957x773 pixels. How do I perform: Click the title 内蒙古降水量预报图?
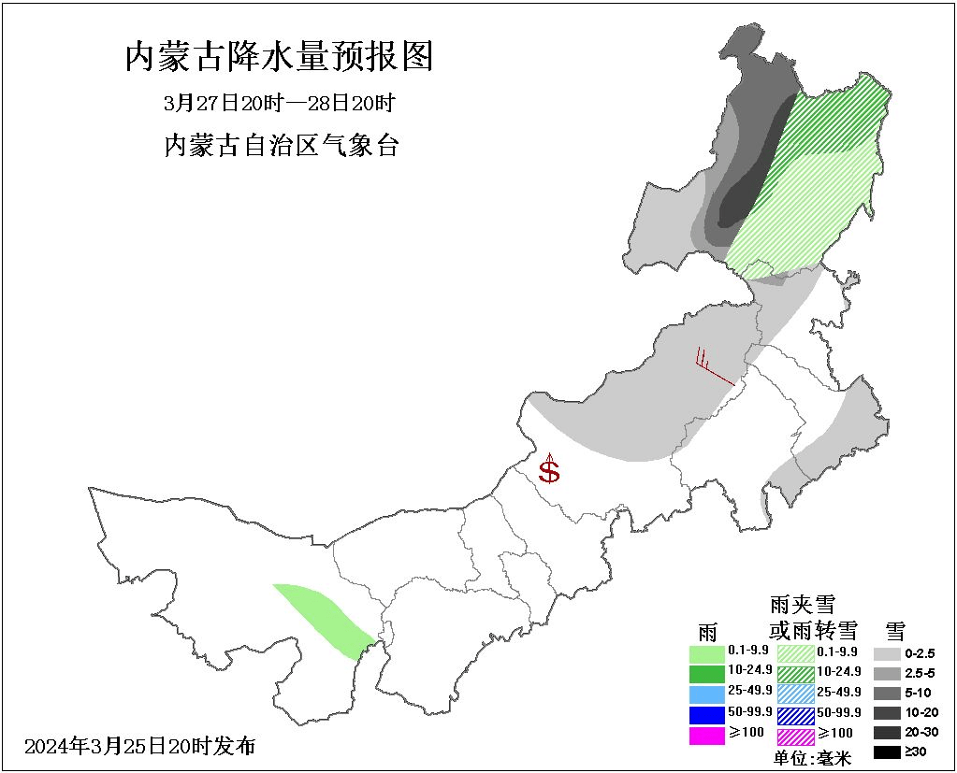[x=280, y=58]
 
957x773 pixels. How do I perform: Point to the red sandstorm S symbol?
[x=549, y=470]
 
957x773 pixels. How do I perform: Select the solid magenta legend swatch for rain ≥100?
[x=706, y=735]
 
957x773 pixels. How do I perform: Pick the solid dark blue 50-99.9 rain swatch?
[x=706, y=714]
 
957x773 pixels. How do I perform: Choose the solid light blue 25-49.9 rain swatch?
[x=706, y=694]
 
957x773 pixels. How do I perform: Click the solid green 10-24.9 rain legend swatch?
[x=706, y=673]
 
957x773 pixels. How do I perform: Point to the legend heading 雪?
[x=895, y=629]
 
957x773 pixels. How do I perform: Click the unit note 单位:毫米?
[x=812, y=758]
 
